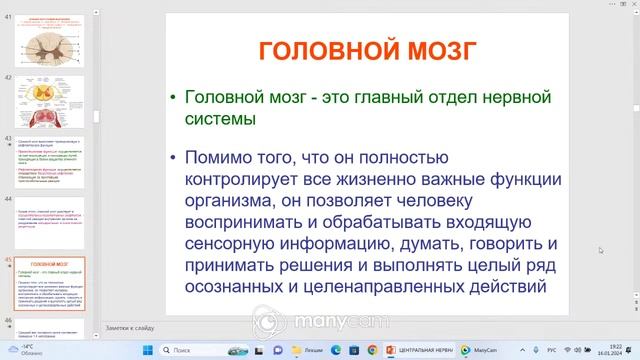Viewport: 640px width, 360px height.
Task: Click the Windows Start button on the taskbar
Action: click(x=145, y=350)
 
